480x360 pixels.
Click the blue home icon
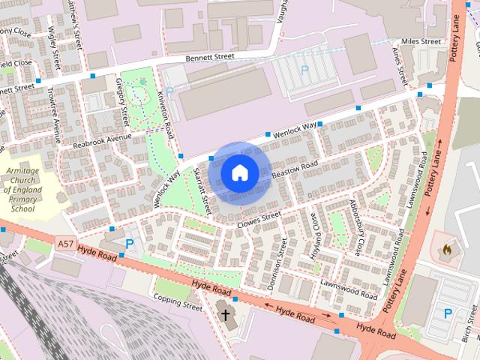pyautogui.click(x=239, y=172)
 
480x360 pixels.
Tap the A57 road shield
pyautogui.click(x=65, y=244)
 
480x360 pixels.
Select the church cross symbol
pyautogui.click(x=224, y=314)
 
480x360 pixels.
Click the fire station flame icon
pyautogui.click(x=448, y=247)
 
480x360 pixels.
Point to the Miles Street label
pyautogui.click(x=421, y=41)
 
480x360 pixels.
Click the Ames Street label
pyautogui.click(x=399, y=63)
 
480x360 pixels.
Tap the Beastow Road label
pyautogui.click(x=295, y=170)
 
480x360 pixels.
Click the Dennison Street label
pyautogui.click(x=277, y=263)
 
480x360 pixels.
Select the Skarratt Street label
pyautogui.click(x=201, y=191)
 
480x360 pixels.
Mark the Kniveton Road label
pyautogui.click(x=166, y=114)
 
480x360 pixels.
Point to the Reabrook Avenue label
pyautogui.click(x=102, y=139)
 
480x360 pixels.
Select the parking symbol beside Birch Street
pyautogui.click(x=448, y=313)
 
